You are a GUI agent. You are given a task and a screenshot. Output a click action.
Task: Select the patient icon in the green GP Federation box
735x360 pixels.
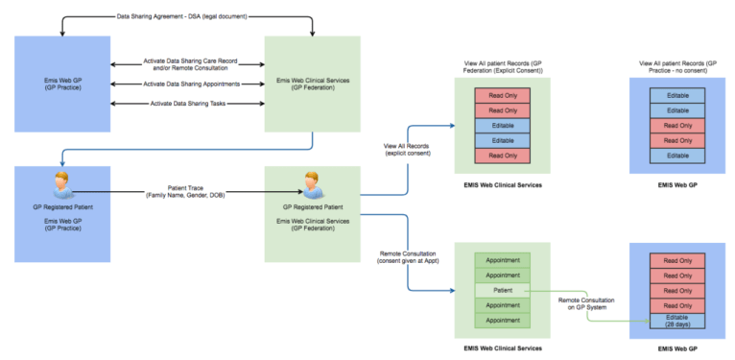click(311, 182)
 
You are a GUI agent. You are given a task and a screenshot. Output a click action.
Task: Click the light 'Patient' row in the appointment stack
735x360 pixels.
click(502, 290)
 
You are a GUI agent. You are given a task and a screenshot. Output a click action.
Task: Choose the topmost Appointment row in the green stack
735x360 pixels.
click(502, 259)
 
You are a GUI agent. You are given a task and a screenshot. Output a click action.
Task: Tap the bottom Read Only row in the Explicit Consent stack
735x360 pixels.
click(502, 156)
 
